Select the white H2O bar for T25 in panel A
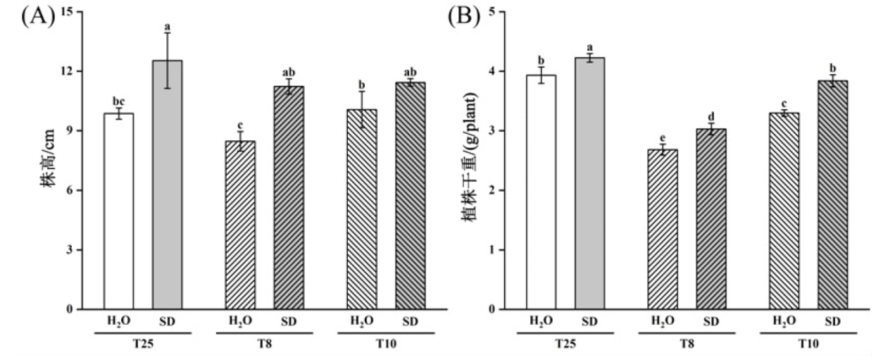click(x=119, y=211)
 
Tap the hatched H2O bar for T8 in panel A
click(x=241, y=225)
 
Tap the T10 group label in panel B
click(x=808, y=346)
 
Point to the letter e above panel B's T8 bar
click(x=663, y=139)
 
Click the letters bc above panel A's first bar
click(x=119, y=101)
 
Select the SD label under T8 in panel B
click(x=711, y=321)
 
